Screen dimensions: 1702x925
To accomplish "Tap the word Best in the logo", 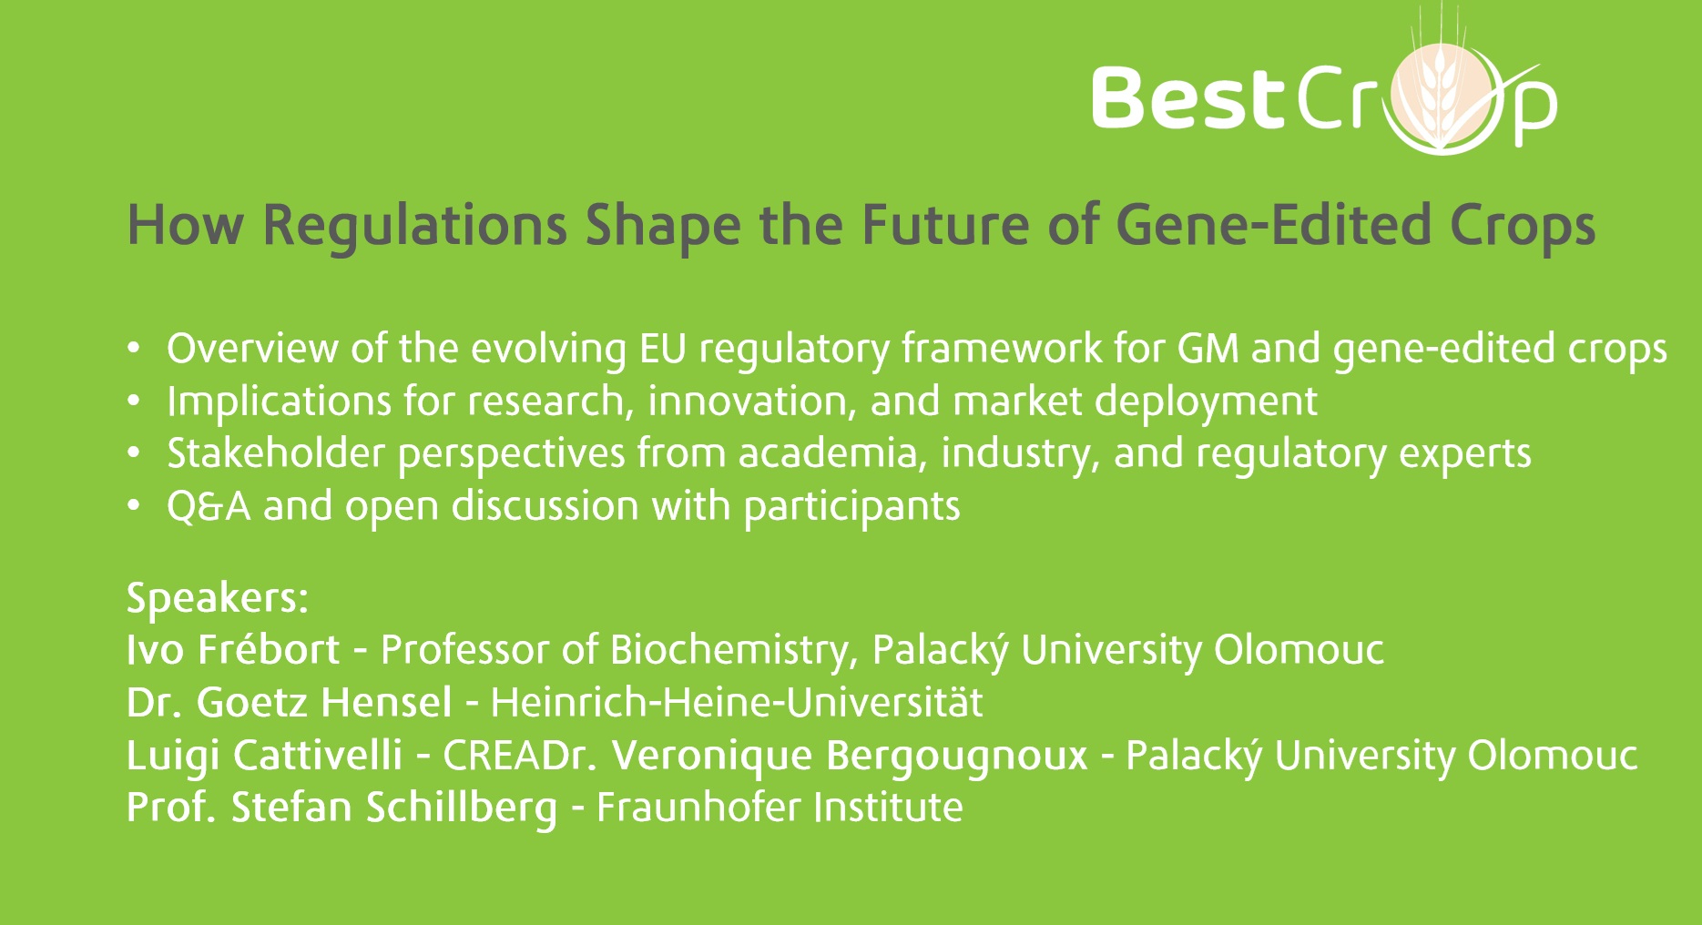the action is coord(1187,97).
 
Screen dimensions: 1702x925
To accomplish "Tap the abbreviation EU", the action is coord(663,349).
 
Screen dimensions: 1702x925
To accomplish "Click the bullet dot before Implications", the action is coord(134,402).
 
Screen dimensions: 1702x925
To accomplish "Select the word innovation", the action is coord(752,402).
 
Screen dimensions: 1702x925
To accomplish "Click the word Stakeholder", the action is coord(276,453).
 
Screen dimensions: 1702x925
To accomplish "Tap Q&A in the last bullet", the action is coord(209,506).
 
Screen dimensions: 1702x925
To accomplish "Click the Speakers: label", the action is coord(218,598).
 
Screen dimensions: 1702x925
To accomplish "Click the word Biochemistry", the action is coord(734,650).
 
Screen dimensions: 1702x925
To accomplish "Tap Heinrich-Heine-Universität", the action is coord(737,702).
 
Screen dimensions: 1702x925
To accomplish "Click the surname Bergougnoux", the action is coord(957,756).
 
